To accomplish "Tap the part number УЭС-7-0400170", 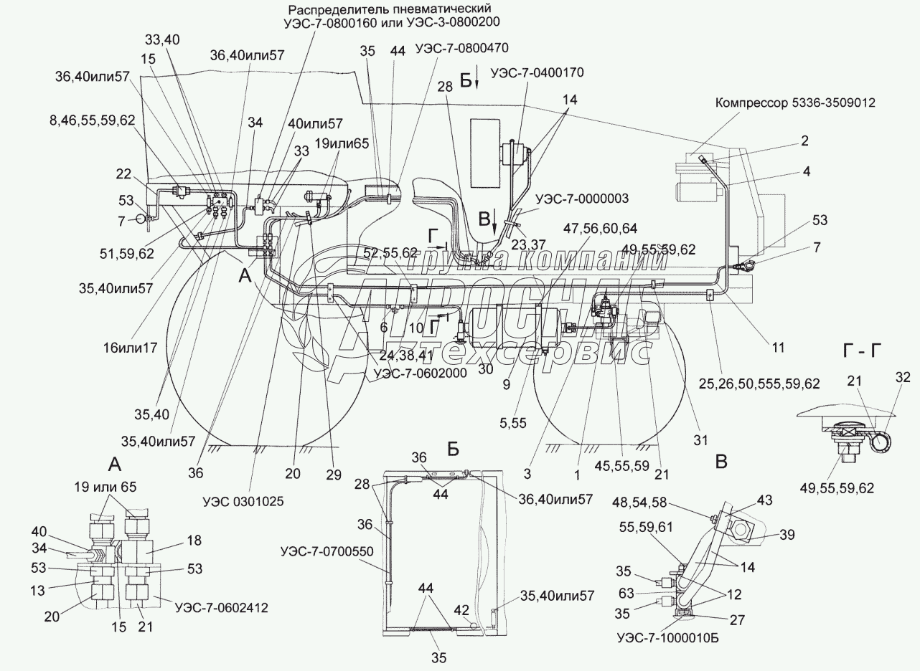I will click(x=537, y=72).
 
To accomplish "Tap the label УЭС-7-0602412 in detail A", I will click(x=221, y=607).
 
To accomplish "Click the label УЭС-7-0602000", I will click(x=420, y=373).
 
